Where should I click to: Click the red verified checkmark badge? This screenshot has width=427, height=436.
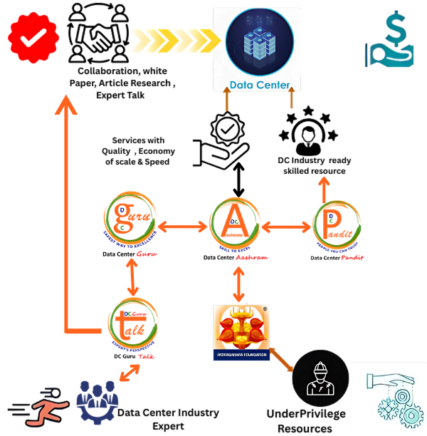coord(33,38)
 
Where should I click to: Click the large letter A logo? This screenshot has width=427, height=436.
coord(235,222)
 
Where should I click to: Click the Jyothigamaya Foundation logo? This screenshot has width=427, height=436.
coord(241,332)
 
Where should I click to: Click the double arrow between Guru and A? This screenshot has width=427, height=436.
coord(182,227)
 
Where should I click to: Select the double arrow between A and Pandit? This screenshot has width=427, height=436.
coord(287,227)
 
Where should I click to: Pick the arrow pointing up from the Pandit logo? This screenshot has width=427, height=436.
coord(324,191)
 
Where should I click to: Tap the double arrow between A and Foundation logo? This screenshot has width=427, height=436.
coord(239,284)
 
